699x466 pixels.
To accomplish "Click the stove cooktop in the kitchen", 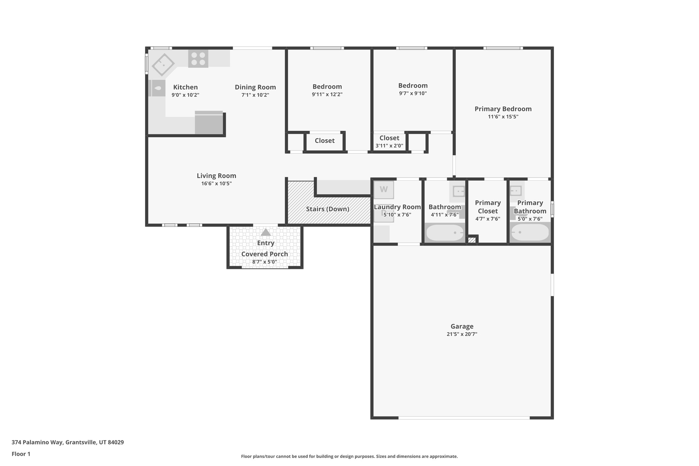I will click(198, 59).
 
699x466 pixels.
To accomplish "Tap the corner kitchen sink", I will click(163, 65).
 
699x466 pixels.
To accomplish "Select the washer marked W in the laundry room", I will click(384, 190).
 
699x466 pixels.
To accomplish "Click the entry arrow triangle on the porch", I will click(266, 232).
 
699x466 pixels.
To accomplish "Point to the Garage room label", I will click(462, 326).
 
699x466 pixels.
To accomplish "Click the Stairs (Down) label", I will click(327, 209).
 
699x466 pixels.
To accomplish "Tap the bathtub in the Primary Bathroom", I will click(530, 232).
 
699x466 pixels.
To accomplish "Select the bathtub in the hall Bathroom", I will click(445, 232).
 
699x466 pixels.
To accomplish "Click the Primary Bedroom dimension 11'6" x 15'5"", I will click(503, 117).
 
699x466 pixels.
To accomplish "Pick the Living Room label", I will click(216, 176).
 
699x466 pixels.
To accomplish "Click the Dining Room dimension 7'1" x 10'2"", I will click(255, 95).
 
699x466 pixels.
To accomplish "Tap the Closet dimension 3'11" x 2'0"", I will click(389, 146).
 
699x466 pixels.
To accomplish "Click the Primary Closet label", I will click(488, 207).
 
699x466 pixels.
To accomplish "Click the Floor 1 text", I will click(21, 454).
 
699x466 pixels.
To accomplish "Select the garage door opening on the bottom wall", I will click(464, 418).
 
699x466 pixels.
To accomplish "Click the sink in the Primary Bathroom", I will click(515, 190).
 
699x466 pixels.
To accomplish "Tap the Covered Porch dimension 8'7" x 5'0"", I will click(265, 262).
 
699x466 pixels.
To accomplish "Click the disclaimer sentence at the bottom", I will click(349, 456).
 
